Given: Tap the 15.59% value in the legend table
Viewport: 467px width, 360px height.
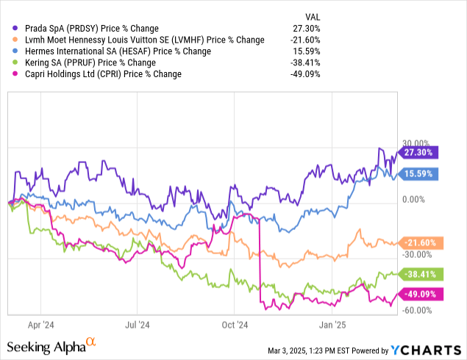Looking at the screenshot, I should [x=307, y=51].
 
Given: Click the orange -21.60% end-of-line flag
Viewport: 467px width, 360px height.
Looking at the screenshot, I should [x=418, y=242].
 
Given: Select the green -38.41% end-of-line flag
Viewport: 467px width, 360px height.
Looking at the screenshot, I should [x=418, y=273].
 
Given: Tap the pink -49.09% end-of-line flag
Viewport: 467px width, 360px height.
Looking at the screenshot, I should [x=418, y=292].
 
